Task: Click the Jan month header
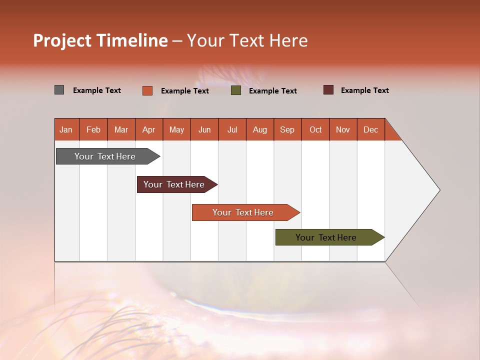pyautogui.click(x=66, y=129)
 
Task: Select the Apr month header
pyautogui.click(x=149, y=129)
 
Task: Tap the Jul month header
pyautogui.click(x=232, y=129)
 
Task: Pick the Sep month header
pyautogui.click(x=287, y=129)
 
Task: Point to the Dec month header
pyautogui.click(x=371, y=129)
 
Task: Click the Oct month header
pyautogui.click(x=315, y=129)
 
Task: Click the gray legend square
pyautogui.click(x=59, y=90)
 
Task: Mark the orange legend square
pyautogui.click(x=147, y=90)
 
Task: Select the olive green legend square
pyautogui.click(x=236, y=90)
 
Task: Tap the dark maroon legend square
pyautogui.click(x=328, y=90)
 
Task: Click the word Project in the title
pyautogui.click(x=62, y=40)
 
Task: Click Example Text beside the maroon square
pyautogui.click(x=365, y=90)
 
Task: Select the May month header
pyautogui.click(x=176, y=129)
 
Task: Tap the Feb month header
pyautogui.click(x=93, y=129)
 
